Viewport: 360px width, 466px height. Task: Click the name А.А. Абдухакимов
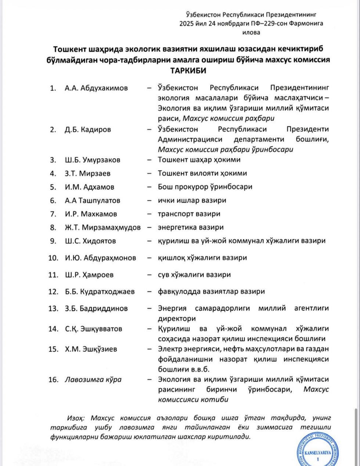96,88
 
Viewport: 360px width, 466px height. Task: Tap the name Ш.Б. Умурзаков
92,160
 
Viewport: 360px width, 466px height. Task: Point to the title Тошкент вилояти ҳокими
202,173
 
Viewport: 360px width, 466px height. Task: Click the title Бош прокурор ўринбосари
205,187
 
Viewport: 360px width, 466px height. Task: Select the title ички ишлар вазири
192,201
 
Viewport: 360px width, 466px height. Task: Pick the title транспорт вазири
189,214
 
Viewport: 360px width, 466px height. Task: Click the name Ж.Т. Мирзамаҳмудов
102,227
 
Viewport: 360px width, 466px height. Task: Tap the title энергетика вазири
191,227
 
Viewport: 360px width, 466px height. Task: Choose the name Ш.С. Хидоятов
90,241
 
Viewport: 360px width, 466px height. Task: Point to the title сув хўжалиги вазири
194,275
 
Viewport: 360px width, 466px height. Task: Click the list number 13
53,308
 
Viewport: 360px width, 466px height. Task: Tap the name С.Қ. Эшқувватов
93,329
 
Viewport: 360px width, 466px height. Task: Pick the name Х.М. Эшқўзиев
91,349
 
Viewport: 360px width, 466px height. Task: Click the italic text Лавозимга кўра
93,380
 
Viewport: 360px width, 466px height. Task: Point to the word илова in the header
251,32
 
